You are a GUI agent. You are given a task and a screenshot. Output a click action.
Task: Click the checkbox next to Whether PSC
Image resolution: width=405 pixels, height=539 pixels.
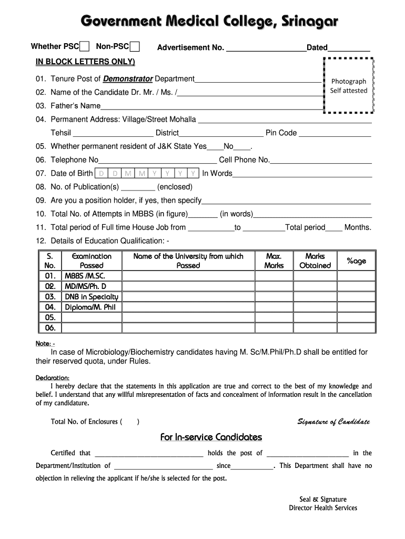coord(85,47)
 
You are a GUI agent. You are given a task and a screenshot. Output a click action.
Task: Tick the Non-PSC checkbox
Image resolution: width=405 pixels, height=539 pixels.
coord(134,47)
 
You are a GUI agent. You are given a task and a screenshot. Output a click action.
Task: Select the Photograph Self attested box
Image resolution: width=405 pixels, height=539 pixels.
coord(348,86)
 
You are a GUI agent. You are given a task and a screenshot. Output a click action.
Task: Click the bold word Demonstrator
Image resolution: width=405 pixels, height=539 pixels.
coord(128,79)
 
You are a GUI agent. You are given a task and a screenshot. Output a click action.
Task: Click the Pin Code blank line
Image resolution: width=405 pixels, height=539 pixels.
coord(335,133)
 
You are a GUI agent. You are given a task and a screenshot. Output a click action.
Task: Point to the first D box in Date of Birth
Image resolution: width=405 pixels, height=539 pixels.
coord(101,173)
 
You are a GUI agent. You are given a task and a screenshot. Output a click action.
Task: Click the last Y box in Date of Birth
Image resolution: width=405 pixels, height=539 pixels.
coord(194,173)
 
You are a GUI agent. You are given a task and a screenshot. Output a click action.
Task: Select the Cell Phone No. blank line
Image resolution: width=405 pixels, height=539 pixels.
coord(321,160)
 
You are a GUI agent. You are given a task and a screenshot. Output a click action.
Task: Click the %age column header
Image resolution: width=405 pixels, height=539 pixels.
coord(356,261)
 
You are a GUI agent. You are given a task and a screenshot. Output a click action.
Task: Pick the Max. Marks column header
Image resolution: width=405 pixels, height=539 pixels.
coord(274,261)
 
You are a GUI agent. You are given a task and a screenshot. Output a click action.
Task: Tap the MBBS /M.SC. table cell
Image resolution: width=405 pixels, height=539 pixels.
coord(92,276)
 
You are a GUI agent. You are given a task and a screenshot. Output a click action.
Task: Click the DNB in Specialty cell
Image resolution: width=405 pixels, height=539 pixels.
coord(92,297)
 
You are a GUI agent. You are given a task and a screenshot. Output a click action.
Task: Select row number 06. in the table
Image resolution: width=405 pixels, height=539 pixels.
coord(50,327)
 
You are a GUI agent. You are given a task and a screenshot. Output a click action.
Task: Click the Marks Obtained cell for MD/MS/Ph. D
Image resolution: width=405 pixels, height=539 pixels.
coord(315,286)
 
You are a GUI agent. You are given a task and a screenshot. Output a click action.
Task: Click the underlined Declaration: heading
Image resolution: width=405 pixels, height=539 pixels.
coord(52,378)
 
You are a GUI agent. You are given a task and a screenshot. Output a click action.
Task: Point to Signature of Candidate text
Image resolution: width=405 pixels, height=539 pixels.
coord(333,422)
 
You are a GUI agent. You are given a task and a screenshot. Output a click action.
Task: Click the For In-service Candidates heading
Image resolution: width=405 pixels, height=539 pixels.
coord(210,437)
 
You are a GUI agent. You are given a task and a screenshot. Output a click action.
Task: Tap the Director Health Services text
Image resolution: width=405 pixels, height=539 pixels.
coord(323,508)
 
